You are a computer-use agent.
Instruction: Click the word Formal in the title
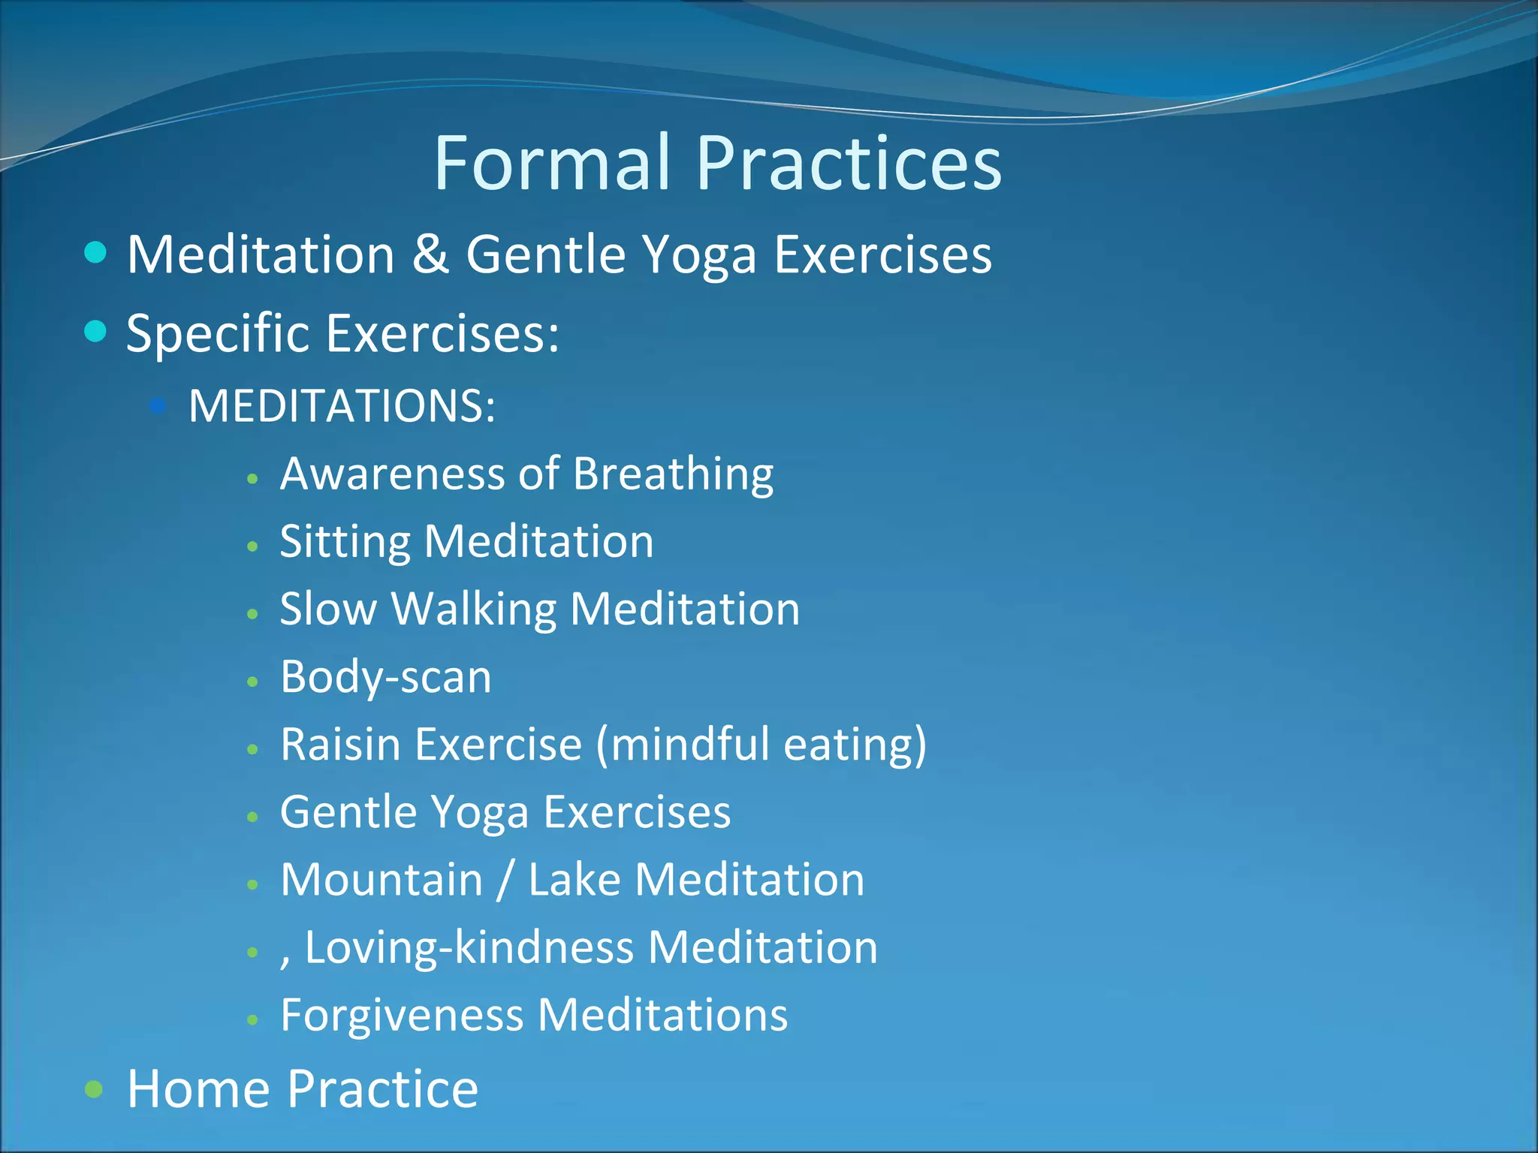click(552, 163)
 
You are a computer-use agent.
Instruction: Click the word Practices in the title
click(849, 163)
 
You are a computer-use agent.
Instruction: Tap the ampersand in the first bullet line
click(430, 254)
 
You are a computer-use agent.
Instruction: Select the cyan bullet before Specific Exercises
click(95, 330)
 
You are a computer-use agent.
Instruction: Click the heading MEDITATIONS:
click(342, 406)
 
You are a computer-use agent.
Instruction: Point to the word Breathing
click(673, 474)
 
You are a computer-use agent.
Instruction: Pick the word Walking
click(474, 609)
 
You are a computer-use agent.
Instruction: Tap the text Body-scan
click(385, 677)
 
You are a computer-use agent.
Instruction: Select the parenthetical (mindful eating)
click(761, 745)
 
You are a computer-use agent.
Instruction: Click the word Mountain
click(381, 880)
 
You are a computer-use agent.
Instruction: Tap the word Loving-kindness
click(469, 947)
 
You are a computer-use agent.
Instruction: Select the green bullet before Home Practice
click(94, 1088)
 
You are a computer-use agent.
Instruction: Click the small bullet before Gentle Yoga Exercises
click(253, 817)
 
